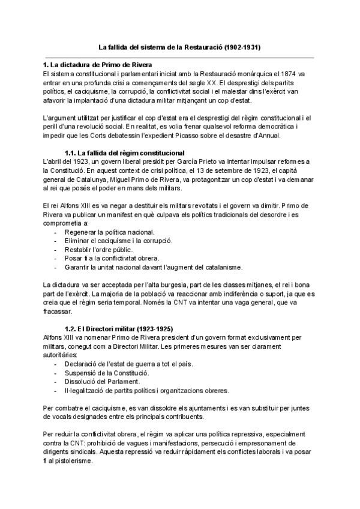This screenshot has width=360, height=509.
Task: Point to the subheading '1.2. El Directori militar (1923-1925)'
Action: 119,328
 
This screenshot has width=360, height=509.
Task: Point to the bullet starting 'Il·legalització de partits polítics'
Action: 141,390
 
